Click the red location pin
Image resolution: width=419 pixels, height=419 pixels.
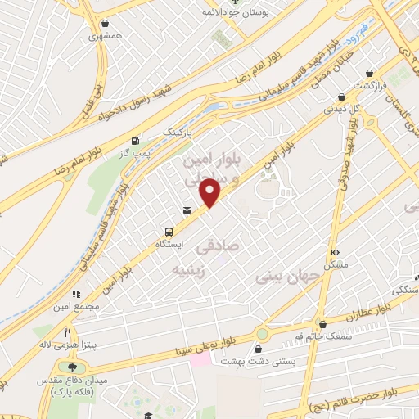(210, 191)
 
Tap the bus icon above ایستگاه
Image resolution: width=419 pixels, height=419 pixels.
(169, 232)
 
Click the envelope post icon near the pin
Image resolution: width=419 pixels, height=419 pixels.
(187, 211)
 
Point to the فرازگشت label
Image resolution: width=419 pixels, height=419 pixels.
(369, 85)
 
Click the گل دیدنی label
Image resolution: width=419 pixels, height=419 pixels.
(341, 108)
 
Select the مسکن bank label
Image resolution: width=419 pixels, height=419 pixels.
(335, 264)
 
